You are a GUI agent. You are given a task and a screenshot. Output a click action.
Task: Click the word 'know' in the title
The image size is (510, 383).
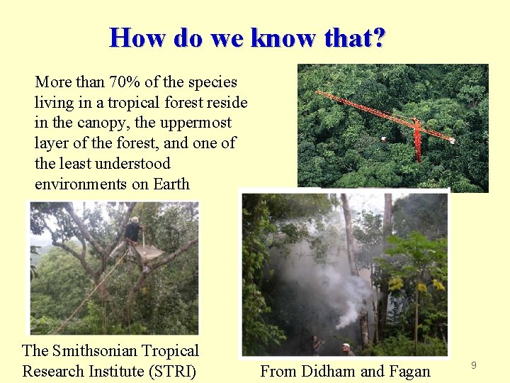tap(284, 37)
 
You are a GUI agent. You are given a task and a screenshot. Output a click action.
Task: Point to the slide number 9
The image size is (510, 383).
tap(474, 365)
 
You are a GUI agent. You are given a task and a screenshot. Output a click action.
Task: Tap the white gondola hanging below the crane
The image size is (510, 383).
tap(382, 139)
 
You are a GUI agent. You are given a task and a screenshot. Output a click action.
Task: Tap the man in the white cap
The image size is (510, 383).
tap(346, 348)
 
